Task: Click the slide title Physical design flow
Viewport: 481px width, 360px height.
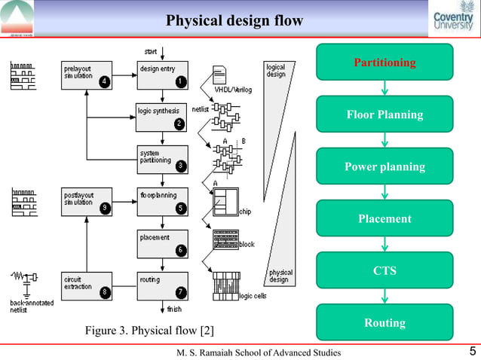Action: click(234, 20)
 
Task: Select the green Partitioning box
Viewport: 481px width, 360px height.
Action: click(384, 62)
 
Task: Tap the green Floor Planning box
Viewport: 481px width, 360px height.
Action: click(384, 114)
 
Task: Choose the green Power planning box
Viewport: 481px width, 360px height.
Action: click(384, 166)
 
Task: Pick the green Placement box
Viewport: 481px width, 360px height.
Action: click(384, 218)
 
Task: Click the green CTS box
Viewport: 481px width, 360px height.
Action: click(384, 270)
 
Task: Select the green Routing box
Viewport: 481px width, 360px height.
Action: click(384, 322)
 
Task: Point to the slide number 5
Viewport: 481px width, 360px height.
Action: click(471, 351)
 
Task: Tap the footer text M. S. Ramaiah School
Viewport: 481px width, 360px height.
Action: click(258, 352)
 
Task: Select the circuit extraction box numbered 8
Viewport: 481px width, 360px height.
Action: click(87, 285)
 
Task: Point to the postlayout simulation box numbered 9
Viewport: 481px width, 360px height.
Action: click(87, 201)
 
